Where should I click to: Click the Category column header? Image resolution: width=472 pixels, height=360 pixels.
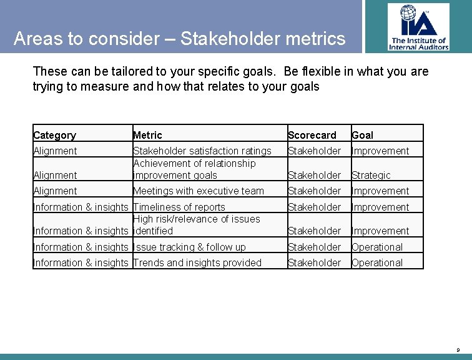point(54,135)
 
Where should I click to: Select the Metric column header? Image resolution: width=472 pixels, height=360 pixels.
point(147,135)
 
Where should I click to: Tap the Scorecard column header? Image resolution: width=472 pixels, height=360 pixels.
point(312,135)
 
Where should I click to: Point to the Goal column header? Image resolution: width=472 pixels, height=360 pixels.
point(362,135)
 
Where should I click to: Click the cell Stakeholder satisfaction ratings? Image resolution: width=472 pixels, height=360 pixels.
point(202,151)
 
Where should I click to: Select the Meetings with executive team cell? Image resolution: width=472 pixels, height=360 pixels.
point(199,191)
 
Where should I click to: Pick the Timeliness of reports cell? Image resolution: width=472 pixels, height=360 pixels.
point(179,207)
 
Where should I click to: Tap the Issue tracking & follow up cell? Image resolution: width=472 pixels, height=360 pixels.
point(190,247)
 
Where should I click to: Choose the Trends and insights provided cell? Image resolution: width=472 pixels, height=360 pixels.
point(197,262)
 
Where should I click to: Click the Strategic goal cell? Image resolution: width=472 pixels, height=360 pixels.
point(371,175)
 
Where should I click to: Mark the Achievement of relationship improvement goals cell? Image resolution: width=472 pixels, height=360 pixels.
point(194,169)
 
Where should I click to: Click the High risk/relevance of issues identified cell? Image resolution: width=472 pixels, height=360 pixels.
point(196,224)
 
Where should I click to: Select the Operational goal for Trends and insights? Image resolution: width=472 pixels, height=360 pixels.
point(377,262)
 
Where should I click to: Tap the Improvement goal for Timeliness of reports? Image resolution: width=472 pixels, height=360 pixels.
point(380,207)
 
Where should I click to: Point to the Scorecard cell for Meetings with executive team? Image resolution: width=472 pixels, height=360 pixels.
point(314,191)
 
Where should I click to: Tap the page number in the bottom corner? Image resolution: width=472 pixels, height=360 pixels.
point(459,350)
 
